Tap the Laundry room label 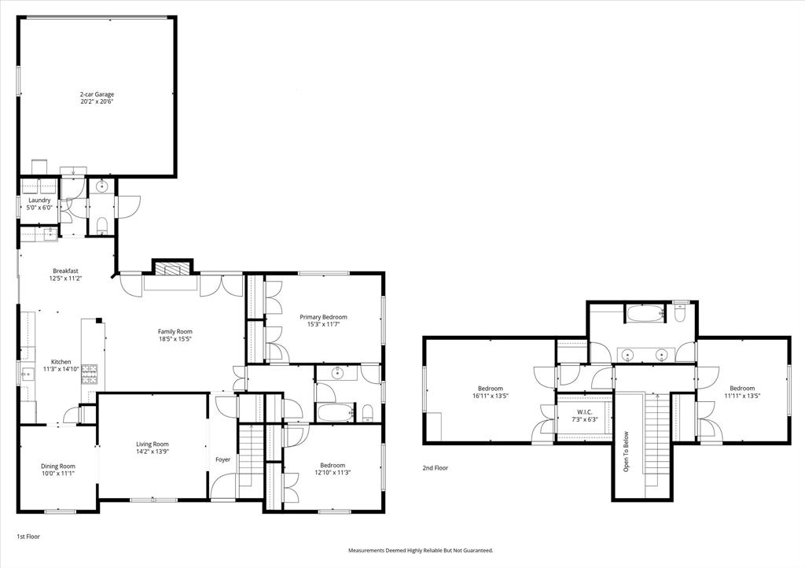[x=39, y=200]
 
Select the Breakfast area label [x=66, y=270]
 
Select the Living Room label [x=153, y=444]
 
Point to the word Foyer [x=223, y=459]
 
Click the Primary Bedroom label [x=323, y=317]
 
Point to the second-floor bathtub [x=644, y=314]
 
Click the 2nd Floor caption [x=435, y=467]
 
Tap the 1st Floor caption [x=28, y=536]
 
